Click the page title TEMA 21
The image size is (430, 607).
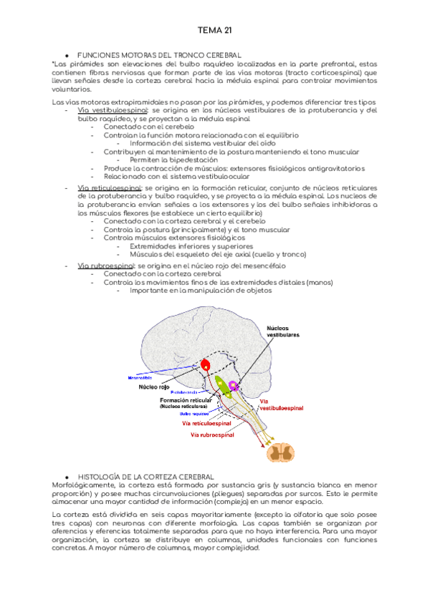click(x=214, y=30)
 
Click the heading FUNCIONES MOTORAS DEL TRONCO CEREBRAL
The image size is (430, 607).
click(x=158, y=55)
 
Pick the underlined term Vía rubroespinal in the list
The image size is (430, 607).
click(x=104, y=265)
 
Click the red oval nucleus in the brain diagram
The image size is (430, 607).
click(x=206, y=365)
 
